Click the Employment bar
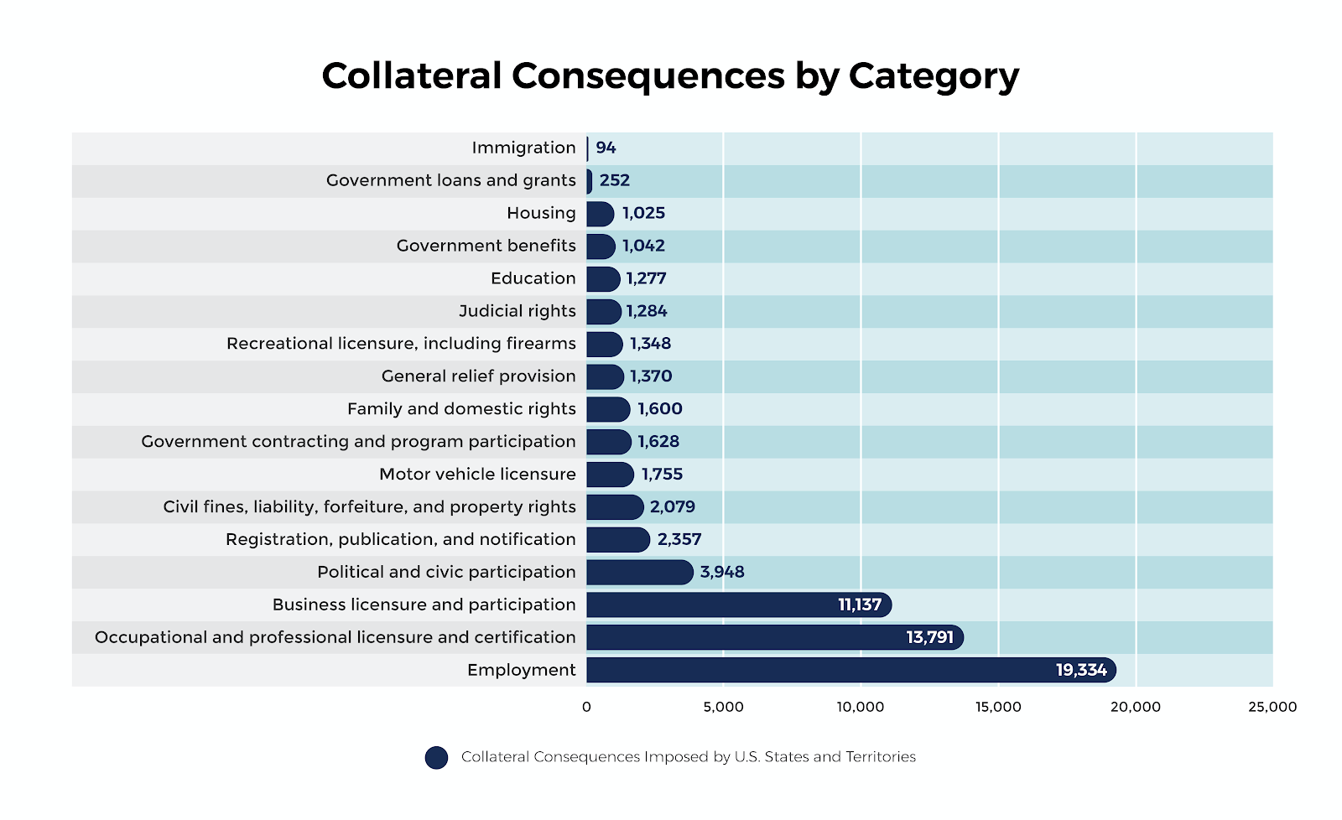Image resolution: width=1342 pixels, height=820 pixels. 850,670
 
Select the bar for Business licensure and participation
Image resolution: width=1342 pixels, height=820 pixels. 738,605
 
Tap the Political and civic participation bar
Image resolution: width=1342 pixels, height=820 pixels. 639,572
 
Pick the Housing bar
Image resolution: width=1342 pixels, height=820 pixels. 600,214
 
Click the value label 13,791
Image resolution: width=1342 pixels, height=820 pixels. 929,637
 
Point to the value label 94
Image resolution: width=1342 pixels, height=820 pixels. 606,148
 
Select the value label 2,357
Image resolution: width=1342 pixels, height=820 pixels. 679,539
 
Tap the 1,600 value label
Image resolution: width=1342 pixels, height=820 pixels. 660,409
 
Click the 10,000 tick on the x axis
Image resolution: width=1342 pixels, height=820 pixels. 861,707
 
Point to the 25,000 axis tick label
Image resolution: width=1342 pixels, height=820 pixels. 1272,707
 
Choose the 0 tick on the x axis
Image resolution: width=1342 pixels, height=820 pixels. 586,707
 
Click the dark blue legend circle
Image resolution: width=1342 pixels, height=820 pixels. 436,758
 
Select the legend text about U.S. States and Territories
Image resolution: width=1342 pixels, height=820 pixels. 688,757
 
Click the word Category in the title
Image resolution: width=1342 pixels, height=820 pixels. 934,76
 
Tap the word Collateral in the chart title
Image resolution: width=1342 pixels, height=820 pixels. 411,75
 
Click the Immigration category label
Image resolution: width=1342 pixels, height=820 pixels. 523,148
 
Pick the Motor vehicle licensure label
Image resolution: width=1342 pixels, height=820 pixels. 477,475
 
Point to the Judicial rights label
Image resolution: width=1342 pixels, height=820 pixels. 517,311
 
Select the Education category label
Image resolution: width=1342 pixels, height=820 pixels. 533,278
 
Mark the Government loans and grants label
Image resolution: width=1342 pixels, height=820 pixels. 450,180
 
